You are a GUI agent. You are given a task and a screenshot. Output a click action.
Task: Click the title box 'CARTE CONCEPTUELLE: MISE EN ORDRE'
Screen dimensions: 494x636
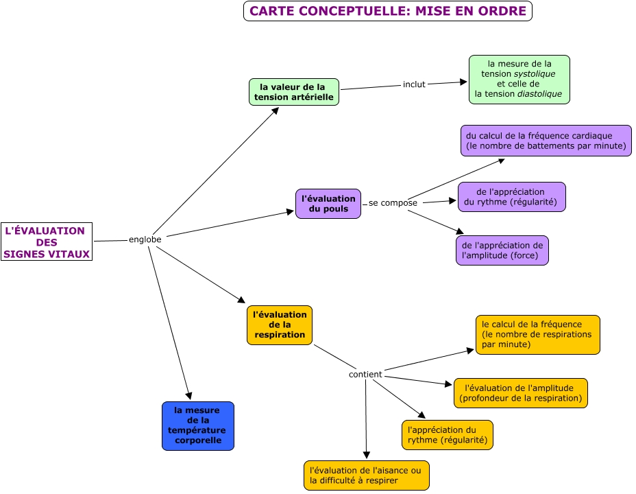387,11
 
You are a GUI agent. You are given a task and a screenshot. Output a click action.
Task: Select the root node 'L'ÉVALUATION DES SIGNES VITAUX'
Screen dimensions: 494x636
47,242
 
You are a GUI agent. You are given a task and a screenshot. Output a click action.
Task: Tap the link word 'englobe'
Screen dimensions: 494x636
145,239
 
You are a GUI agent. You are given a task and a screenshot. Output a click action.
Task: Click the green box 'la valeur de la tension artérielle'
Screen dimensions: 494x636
293,92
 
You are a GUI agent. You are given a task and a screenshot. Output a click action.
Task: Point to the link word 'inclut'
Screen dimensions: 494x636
414,84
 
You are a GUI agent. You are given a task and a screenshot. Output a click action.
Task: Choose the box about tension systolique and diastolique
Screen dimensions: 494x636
519,80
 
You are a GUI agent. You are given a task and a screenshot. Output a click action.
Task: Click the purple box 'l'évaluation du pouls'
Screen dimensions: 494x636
328,204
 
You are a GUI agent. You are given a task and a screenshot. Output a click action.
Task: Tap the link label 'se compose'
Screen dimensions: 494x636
393,203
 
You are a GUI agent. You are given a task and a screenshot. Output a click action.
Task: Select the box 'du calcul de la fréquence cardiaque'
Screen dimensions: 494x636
546,141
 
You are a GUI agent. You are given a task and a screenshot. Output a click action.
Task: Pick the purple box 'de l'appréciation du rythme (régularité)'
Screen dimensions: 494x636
511,197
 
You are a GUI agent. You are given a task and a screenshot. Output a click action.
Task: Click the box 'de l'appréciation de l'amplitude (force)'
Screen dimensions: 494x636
502,250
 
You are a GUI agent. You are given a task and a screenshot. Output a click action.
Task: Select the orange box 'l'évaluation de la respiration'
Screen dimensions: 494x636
279,325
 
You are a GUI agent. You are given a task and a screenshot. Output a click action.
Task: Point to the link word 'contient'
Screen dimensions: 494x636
365,375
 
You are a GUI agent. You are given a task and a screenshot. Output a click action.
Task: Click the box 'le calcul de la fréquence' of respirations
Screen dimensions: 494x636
537,334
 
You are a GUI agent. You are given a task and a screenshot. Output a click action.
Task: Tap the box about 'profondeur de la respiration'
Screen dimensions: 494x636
520,393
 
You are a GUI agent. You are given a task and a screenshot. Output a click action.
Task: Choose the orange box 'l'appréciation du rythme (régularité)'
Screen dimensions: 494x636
447,435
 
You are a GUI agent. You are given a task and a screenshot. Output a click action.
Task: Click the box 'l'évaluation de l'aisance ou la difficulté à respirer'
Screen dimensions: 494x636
366,475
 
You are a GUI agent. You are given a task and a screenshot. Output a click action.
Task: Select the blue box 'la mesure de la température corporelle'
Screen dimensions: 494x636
197,425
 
